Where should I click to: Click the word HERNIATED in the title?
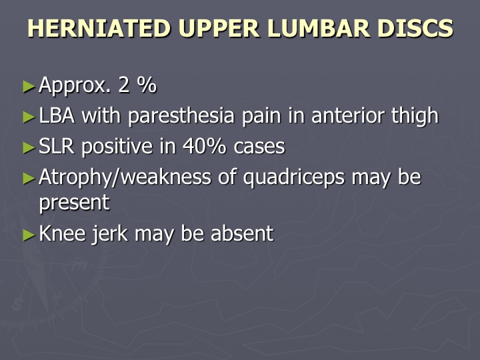click(x=99, y=28)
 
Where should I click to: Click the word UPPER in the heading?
click(x=219, y=28)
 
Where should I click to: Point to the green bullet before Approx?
click(x=29, y=86)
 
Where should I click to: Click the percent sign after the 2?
click(x=147, y=85)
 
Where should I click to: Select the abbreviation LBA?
click(x=57, y=115)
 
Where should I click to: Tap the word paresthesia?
click(x=181, y=116)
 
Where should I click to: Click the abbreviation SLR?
click(x=57, y=146)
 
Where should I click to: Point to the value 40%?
click(x=204, y=146)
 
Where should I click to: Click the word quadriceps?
click(x=294, y=178)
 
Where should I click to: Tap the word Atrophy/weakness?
click(x=125, y=177)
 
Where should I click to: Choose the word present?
click(x=75, y=203)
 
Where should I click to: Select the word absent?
click(x=243, y=233)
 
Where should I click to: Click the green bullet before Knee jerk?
click(x=29, y=235)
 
